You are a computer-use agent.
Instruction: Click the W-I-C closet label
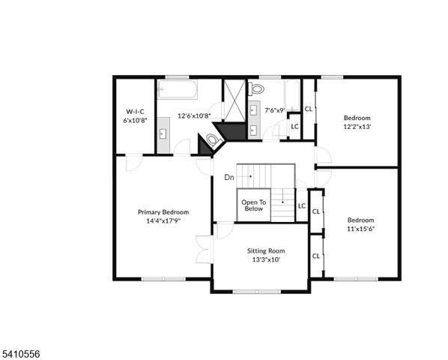pos(135,111)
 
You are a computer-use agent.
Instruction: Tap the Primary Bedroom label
pos(163,212)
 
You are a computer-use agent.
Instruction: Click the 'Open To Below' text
pos(252,205)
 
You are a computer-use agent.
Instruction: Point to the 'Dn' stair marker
pos(229,178)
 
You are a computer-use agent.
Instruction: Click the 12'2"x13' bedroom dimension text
pos(357,126)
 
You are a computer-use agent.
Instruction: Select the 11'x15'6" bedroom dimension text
pos(360,229)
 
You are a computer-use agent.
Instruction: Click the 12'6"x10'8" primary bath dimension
pos(194,115)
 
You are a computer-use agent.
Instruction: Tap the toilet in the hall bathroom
pos(258,88)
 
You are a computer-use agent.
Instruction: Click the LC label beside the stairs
pos(302,205)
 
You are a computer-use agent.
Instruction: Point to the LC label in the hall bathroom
pos(294,126)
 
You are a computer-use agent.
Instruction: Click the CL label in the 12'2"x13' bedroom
pos(309,109)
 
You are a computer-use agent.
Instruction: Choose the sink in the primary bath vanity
pos(163,135)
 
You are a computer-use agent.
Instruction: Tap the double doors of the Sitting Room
pos(203,247)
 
